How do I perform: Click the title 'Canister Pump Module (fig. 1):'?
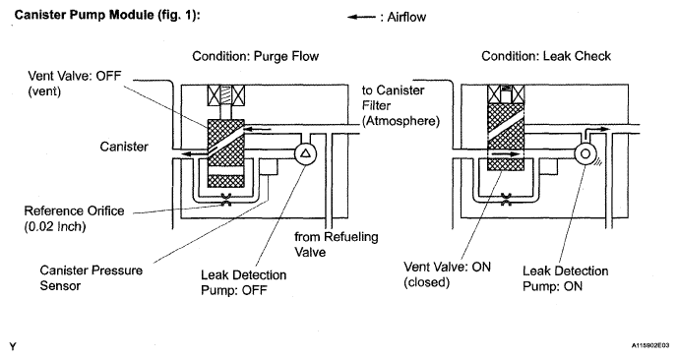tap(107, 15)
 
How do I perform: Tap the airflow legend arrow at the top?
tap(361, 18)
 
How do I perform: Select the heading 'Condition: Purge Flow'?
tap(256, 56)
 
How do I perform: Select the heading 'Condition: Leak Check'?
tap(546, 56)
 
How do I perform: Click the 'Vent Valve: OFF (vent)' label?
tap(75, 84)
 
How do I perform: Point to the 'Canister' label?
tap(124, 147)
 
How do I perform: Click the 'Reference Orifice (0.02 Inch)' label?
tap(74, 218)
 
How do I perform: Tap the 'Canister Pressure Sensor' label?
tap(92, 278)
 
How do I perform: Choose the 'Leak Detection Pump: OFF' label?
tap(243, 282)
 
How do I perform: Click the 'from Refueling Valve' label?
tap(337, 244)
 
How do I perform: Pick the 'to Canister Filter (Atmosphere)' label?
tap(401, 105)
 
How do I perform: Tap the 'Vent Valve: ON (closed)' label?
tap(447, 274)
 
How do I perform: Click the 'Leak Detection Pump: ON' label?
tap(565, 278)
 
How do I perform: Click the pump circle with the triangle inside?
tap(305, 153)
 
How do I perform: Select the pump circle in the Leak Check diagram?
tap(586, 153)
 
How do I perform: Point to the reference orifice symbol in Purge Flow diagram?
tap(225, 199)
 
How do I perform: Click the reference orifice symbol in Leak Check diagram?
tap(506, 199)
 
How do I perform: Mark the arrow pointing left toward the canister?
tap(196, 153)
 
